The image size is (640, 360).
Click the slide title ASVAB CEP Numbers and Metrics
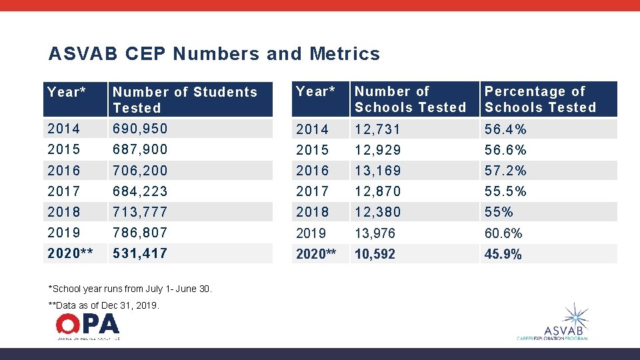coord(214,54)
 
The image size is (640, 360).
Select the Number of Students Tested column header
coord(185,100)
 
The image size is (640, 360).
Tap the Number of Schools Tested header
coord(410,99)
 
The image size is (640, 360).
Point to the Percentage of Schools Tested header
coord(540,99)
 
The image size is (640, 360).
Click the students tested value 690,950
coord(140,128)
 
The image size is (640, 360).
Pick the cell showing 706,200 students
coord(140,170)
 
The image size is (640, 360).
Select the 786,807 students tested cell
coord(140,233)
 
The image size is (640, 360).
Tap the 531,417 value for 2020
coord(140,253)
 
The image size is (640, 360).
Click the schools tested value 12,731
coord(378,129)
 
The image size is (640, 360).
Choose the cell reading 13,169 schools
coord(378,171)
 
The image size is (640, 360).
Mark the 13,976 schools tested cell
coord(375,233)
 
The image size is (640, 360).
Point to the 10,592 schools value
coord(375,254)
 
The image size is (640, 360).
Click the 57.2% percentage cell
coord(505,171)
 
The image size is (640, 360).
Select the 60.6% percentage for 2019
coord(503,233)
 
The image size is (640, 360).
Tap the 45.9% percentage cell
coord(503,254)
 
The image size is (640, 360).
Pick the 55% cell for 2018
coord(499,212)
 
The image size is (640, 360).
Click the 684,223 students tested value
coord(140,191)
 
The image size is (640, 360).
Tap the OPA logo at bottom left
coord(88,326)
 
